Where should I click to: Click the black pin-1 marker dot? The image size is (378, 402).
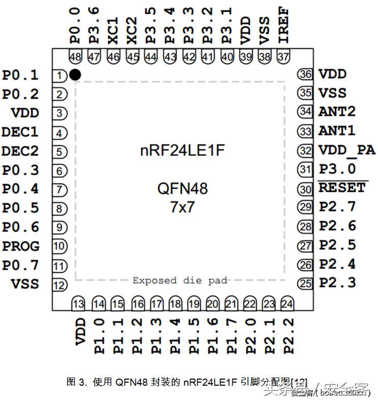pyautogui.click(x=75, y=75)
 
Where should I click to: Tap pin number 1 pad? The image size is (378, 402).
pyautogui.click(x=60, y=76)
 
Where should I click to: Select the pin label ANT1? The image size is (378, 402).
pyautogui.click(x=336, y=131)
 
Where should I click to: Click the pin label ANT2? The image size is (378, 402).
pyautogui.click(x=336, y=112)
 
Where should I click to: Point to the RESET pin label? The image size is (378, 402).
pyautogui.click(x=342, y=188)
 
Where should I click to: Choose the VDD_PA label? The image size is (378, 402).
pyautogui.click(x=346, y=150)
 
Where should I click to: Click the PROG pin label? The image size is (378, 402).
pyautogui.click(x=21, y=246)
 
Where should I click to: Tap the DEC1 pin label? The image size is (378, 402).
pyautogui.click(x=20, y=132)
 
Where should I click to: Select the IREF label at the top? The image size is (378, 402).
pyautogui.click(x=283, y=24)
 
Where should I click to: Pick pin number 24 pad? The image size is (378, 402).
pyautogui.click(x=287, y=304)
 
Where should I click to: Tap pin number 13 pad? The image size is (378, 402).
pyautogui.click(x=78, y=304)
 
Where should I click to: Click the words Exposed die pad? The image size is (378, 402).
pyautogui.click(x=180, y=280)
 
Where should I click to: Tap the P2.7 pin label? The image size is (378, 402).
pyautogui.click(x=337, y=207)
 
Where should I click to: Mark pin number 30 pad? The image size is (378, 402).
pyautogui.click(x=305, y=189)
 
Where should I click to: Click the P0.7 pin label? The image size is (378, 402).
pyautogui.click(x=20, y=265)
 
